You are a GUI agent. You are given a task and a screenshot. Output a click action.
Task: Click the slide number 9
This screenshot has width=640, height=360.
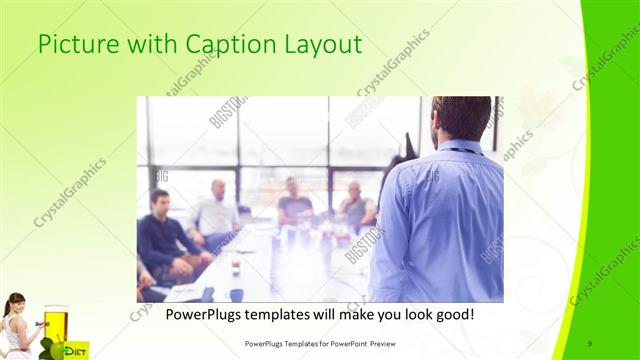pyautogui.click(x=590, y=343)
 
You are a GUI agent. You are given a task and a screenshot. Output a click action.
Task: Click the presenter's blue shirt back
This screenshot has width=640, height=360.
pyautogui.click(x=450, y=220)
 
